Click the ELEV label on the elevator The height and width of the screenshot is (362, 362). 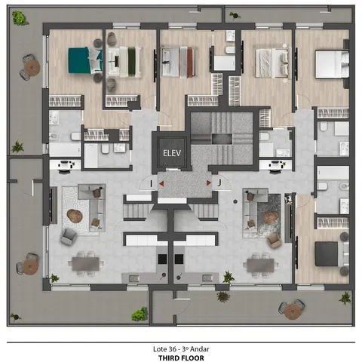pos(172,153)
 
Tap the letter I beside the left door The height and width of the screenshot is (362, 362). pos(151,184)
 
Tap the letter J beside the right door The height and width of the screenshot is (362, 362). pos(219,183)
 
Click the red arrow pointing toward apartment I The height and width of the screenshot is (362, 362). pos(161,183)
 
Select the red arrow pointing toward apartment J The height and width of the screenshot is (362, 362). pos(209,183)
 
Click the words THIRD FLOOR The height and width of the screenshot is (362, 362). pos(181,358)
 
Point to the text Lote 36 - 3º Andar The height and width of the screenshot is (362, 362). pos(181,349)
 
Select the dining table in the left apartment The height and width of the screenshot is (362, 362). pos(86,264)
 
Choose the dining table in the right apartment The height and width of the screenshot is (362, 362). pos(260,265)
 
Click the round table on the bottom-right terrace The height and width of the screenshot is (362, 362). pos(293,311)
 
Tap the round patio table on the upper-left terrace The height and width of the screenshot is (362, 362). pos(32,67)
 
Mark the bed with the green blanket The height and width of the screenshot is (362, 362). pos(124,61)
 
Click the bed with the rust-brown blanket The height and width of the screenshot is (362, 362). pos(178,62)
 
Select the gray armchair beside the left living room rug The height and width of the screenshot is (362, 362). pos(69,236)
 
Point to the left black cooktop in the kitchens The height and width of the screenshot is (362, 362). pos(162,259)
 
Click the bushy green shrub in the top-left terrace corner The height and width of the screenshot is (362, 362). pos(20,18)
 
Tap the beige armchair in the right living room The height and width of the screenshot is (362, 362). pos(274,241)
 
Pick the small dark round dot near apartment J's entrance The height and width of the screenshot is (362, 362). pos(235,201)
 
